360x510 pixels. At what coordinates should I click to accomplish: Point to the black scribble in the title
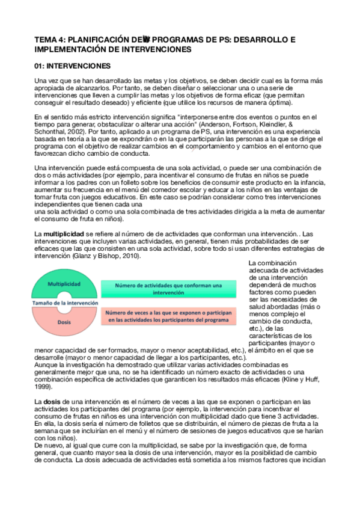[x=147, y=40]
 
